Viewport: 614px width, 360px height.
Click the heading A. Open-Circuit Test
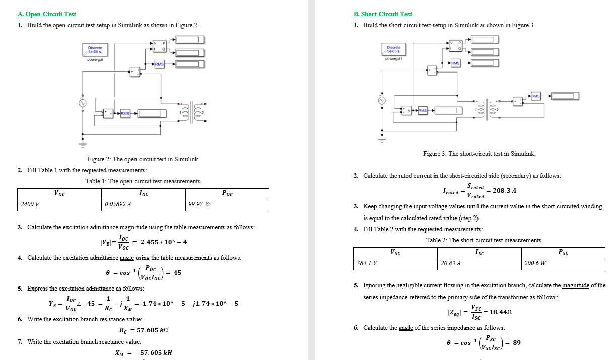46,14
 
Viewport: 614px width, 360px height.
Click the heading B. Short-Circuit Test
383,14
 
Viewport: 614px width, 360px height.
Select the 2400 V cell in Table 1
31,205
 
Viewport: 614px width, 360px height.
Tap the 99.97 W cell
199,205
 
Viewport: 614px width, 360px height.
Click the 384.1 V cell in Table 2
367,263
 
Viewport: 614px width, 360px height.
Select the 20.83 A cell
451,263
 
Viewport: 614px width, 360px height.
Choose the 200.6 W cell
535,263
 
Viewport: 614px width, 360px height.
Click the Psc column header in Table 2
563,252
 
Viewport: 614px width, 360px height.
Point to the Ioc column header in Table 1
144,194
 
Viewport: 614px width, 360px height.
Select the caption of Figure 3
479,154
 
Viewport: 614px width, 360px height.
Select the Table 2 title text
484,240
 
